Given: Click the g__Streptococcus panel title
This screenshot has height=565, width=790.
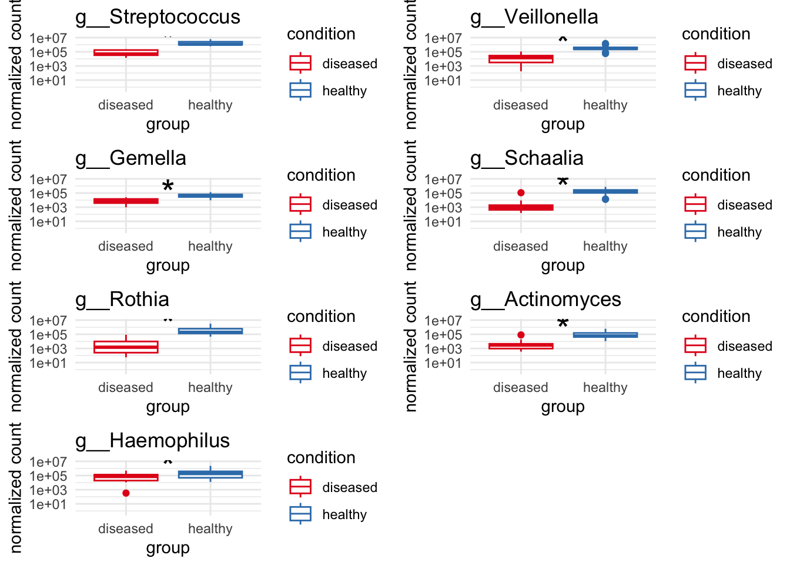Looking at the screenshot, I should click(x=158, y=17).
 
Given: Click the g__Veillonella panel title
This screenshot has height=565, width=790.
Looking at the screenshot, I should click(x=534, y=17).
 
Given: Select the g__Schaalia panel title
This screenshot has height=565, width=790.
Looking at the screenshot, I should click(x=527, y=158).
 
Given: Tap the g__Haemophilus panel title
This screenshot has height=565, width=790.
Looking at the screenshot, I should click(x=152, y=441).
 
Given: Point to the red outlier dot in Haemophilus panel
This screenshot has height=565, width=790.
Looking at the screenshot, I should click(x=126, y=493).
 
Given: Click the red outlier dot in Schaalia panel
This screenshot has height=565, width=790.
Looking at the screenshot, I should click(x=521, y=193).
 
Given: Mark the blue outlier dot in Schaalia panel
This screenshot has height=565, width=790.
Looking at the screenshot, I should click(x=605, y=200).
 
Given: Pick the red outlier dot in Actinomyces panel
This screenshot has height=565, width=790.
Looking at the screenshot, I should click(x=521, y=335).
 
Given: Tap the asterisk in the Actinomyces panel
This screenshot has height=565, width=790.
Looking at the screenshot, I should click(x=563, y=324).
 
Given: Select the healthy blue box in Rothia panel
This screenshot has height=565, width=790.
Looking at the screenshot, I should click(x=210, y=331).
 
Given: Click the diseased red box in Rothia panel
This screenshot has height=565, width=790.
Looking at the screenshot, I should click(x=126, y=347).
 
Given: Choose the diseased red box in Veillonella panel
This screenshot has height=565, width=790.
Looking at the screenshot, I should click(x=521, y=58).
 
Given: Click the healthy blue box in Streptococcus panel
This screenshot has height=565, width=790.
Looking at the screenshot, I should click(x=210, y=43).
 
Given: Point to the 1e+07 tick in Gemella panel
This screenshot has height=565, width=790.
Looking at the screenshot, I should click(x=49, y=180).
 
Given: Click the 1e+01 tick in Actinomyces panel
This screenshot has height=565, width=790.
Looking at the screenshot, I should click(x=444, y=363).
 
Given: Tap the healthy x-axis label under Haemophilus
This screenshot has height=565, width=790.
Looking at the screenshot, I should click(x=210, y=529).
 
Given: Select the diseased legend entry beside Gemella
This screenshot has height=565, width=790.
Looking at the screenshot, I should click(x=350, y=205).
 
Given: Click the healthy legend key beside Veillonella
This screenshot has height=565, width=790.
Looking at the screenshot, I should click(x=695, y=90).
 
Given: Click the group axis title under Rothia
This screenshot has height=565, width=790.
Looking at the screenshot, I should click(x=168, y=407).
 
